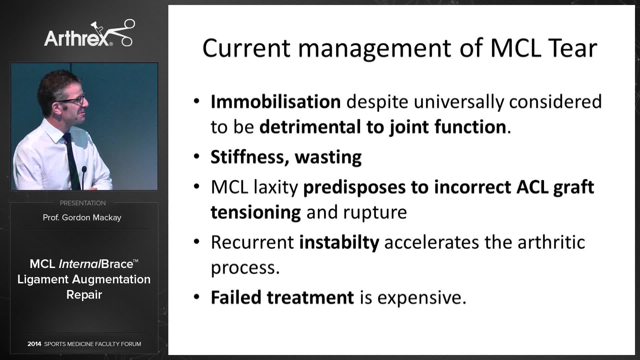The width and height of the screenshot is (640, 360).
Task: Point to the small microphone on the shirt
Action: click(x=84, y=170)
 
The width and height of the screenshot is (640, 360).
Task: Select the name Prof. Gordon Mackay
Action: click(x=82, y=218)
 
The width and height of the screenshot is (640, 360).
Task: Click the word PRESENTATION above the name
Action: click(x=83, y=203)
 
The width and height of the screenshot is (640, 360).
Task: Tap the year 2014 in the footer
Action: click(x=34, y=344)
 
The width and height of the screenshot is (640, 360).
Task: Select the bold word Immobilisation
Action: click(x=275, y=102)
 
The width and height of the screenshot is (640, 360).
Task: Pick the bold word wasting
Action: click(x=328, y=157)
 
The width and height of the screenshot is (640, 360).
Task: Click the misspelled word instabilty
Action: click(x=339, y=242)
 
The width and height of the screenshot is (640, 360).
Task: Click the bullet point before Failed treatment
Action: click(x=197, y=297)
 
